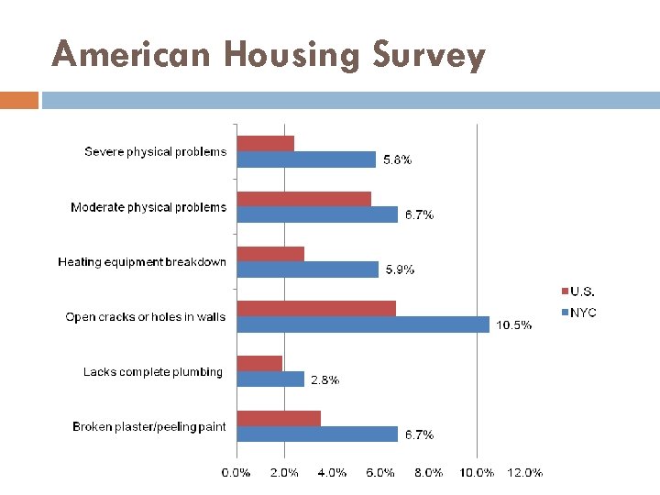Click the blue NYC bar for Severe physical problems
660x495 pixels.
(306, 159)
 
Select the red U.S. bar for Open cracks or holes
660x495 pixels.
(316, 308)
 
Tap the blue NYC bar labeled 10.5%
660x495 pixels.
(363, 324)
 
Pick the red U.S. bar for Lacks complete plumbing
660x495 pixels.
(259, 363)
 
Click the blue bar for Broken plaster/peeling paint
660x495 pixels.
(317, 434)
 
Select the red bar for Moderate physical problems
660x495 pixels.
(304, 199)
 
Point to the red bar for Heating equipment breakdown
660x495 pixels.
(270, 254)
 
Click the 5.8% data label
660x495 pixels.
(397, 160)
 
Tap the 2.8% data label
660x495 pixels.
(325, 379)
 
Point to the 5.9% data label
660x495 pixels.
(400, 269)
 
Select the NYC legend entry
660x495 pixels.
(583, 313)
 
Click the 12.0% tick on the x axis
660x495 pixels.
(524, 473)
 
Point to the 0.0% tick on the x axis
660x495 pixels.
(236, 473)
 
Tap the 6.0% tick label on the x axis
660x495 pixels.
(380, 473)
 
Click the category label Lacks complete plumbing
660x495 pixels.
(153, 372)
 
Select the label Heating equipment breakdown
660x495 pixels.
(142, 262)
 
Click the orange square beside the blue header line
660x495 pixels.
(19, 99)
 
